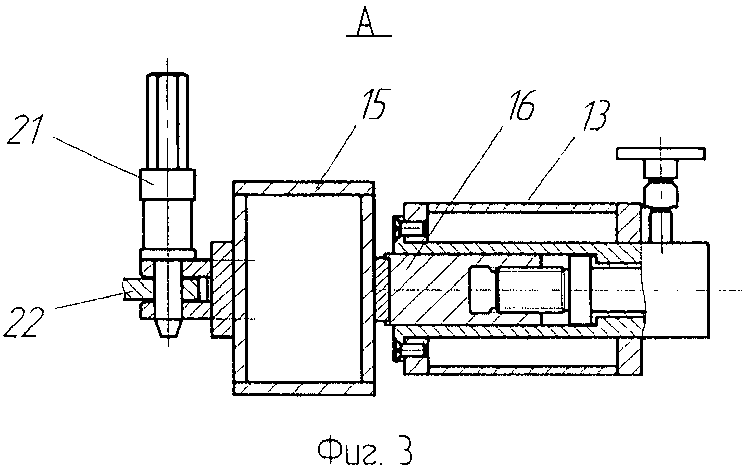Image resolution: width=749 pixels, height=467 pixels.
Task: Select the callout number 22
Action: click(x=23, y=322)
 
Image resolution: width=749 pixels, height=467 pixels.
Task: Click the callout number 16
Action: click(x=521, y=105)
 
